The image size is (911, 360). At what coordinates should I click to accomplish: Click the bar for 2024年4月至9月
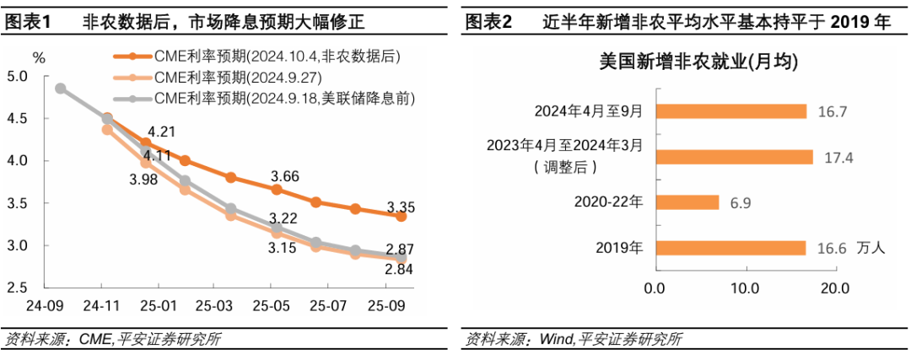tap(730, 111)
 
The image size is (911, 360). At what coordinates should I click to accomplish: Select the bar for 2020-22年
tap(687, 202)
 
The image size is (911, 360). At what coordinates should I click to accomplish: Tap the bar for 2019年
tap(730, 248)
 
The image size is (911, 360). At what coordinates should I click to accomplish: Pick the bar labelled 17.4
tap(734, 157)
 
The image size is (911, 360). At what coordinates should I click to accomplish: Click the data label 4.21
tap(161, 132)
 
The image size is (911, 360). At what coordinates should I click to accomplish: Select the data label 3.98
tap(144, 179)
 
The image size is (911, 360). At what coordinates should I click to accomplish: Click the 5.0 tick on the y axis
tap(17, 77)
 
